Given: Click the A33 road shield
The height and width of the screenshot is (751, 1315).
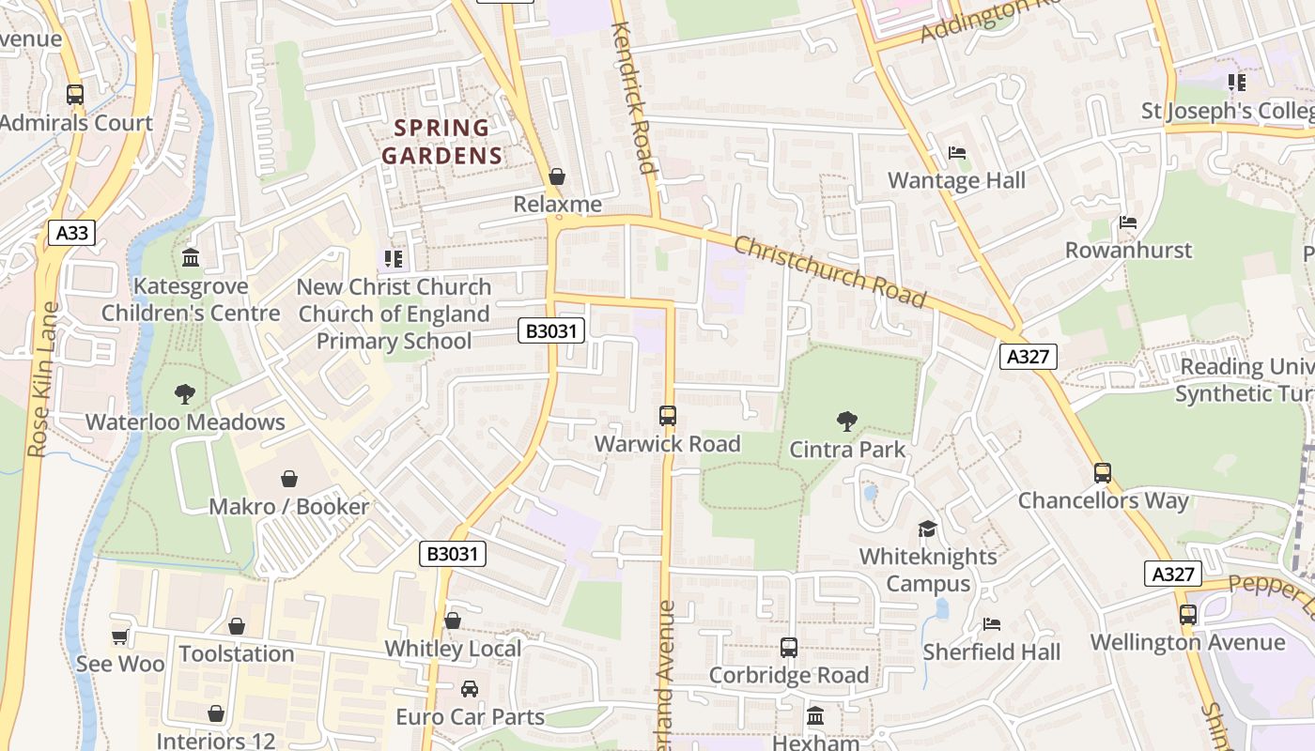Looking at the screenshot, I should click(72, 232).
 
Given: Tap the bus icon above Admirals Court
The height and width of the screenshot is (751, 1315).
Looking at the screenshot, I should click(75, 95).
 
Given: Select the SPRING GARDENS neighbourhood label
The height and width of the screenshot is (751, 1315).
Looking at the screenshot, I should click(442, 142).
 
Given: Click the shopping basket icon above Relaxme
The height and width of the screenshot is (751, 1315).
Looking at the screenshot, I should click(557, 176).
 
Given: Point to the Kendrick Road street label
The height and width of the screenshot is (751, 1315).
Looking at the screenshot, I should click(632, 99).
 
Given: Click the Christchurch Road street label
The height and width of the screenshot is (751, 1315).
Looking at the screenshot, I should click(829, 271).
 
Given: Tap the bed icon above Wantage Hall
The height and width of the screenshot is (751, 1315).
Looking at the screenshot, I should click(956, 153).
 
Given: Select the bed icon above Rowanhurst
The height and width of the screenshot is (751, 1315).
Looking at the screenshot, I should click(1128, 223).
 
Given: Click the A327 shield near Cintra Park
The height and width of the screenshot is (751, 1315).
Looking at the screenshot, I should click(1029, 357).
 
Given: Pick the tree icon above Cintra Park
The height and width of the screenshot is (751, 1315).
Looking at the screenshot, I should click(847, 421).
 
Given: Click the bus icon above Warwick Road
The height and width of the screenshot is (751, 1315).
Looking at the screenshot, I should click(668, 415).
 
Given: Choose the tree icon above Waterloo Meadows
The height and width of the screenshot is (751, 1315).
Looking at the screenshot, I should click(185, 394).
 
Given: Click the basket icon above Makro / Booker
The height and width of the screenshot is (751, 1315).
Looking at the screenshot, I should click(289, 480).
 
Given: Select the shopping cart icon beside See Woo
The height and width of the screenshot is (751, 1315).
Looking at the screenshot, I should click(119, 637).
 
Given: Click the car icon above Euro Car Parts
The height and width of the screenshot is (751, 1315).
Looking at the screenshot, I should click(470, 689).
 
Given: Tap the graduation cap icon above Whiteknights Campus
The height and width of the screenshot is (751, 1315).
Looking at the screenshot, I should click(928, 529).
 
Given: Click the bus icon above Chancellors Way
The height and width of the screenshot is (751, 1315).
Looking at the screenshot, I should click(1103, 473).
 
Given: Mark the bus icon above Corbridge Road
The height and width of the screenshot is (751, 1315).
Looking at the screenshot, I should click(789, 648).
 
